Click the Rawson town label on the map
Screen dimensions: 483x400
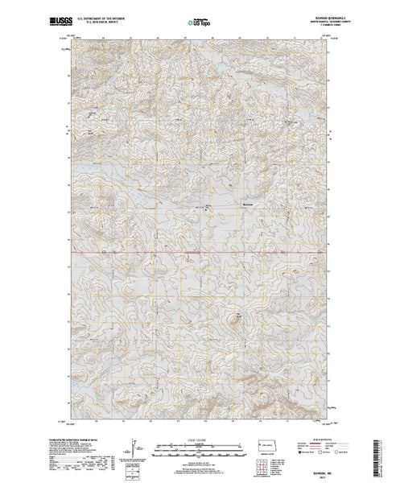pos(250,203)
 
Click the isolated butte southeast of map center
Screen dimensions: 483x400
pos(237,316)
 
